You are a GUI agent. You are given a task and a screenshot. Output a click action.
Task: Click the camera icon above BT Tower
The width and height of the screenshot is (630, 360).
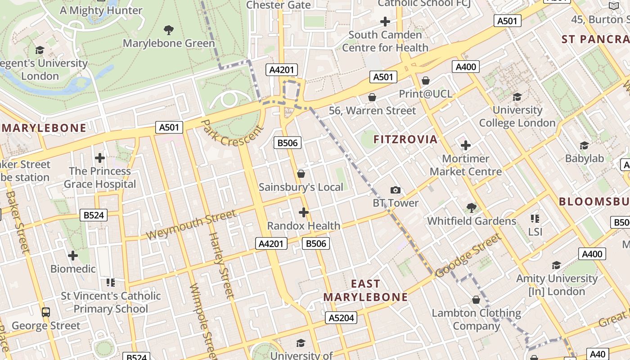tap(396, 190)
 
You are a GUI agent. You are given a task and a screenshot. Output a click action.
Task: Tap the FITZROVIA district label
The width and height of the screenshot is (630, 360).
tap(405, 139)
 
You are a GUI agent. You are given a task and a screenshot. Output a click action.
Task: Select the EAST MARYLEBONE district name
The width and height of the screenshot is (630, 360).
tap(365, 291)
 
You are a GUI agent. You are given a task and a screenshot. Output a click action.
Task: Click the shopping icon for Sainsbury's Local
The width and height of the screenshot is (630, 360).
tap(301, 174)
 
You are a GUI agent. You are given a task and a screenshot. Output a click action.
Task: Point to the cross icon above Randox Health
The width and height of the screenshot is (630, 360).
tap(304, 212)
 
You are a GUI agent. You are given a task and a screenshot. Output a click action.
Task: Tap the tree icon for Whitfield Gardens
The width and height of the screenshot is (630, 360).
tap(471, 207)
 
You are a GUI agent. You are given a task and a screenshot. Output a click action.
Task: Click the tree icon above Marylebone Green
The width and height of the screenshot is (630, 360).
tap(169, 30)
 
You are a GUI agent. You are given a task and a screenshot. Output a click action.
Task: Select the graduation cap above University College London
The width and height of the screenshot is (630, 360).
tap(517, 97)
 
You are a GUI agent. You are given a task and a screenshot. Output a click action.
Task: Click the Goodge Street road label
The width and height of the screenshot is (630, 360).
tap(468, 256)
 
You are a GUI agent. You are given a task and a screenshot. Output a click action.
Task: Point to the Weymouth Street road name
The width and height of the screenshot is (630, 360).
tap(191, 225)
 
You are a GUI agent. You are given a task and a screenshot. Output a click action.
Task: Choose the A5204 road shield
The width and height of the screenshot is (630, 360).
tap(341, 318)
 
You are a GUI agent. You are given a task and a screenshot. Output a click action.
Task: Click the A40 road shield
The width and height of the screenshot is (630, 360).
tap(598, 354)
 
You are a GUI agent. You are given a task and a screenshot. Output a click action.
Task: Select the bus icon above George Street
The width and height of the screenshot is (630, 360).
tap(45, 312)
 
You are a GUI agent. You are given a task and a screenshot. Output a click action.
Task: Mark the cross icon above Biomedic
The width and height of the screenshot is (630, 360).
tap(73, 256)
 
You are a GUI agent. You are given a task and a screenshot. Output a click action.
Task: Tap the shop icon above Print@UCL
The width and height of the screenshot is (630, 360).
tap(426, 81)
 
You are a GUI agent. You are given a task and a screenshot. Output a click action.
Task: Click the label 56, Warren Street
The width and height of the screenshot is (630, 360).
tap(372, 111)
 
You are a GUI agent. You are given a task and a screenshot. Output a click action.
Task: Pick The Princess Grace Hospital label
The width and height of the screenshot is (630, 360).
tap(99, 178)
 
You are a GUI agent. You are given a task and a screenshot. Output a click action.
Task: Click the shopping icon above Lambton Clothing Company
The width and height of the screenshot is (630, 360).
tap(476, 300)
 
